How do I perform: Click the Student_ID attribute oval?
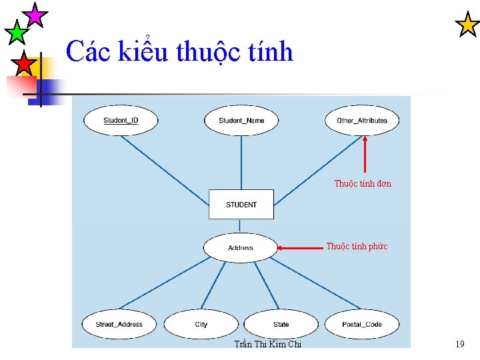point(121,121)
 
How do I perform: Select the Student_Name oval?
point(241,121)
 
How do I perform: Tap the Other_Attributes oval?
point(362,121)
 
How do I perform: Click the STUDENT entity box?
point(241,205)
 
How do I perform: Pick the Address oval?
point(241,248)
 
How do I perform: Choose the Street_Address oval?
point(119,325)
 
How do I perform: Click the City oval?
point(201,325)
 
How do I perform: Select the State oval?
point(281,325)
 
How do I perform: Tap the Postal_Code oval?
point(362,325)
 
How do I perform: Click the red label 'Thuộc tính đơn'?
point(363,183)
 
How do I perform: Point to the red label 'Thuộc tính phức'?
point(357,247)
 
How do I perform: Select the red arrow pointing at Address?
point(300,248)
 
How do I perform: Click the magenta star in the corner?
point(35,14)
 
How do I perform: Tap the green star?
point(15,31)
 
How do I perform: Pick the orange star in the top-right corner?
point(467,25)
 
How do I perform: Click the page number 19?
point(459,344)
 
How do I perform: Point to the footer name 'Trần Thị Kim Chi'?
point(268,344)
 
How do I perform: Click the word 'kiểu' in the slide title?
point(143,52)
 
